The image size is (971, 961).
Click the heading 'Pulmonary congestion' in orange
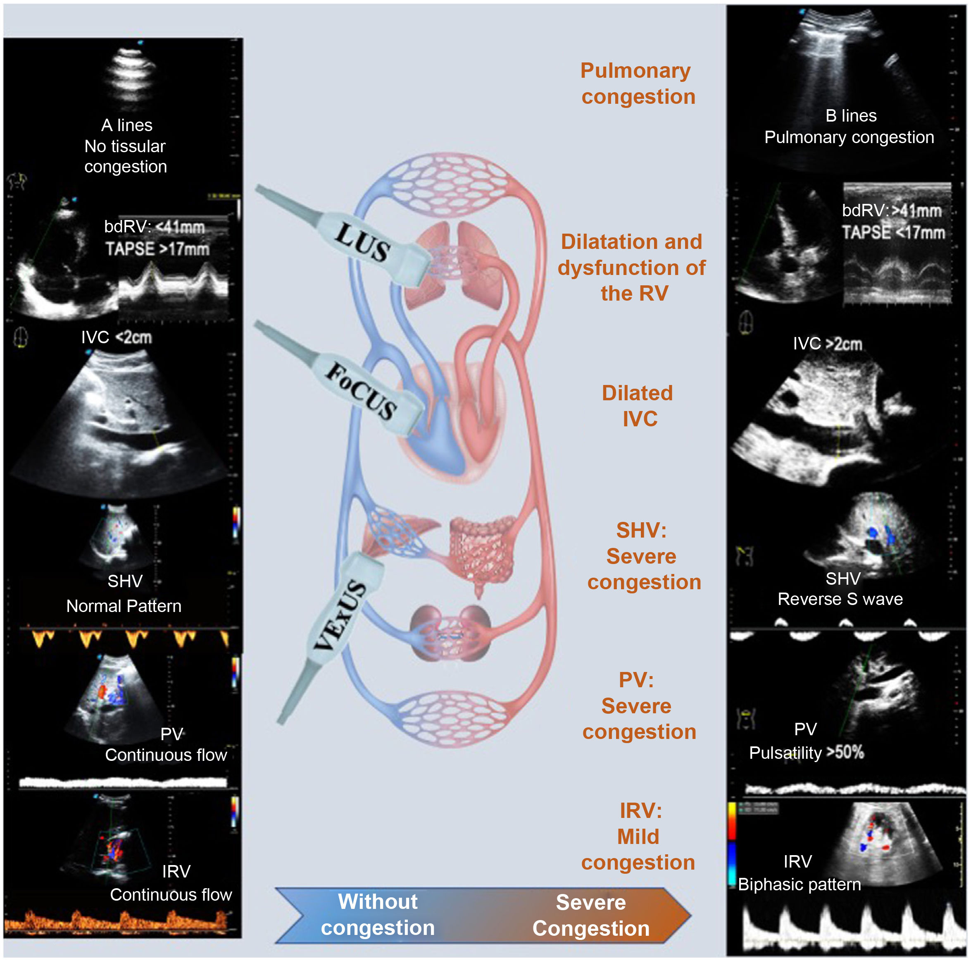coord(637,84)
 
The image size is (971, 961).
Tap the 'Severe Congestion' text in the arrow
coord(591,915)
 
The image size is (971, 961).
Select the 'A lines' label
coord(127,125)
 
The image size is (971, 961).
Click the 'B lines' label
coord(850,116)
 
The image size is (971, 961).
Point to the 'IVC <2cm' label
coord(116,337)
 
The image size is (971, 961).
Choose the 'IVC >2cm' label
coord(827,344)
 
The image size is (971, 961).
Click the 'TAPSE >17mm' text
coord(157,249)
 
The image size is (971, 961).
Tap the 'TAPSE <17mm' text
coord(893,232)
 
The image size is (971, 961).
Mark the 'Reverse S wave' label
coord(840,599)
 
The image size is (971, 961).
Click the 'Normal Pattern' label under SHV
coord(124,606)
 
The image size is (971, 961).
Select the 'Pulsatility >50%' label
coord(806,752)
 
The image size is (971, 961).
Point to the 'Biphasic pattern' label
coord(799,884)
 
